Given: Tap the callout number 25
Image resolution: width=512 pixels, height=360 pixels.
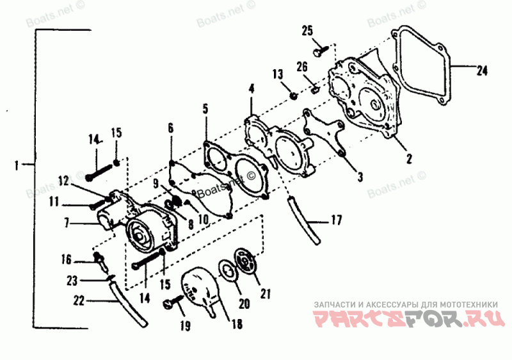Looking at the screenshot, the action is click(308, 30).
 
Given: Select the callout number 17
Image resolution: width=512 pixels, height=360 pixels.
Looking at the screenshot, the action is click(336, 220).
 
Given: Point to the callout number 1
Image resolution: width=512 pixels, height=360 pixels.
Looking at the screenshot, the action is click(15, 166).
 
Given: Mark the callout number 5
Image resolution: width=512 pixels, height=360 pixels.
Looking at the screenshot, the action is click(205, 110).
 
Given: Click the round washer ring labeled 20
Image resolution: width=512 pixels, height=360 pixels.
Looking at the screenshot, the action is click(227, 270).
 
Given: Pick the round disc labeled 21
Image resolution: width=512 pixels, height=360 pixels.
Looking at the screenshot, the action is click(246, 262).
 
